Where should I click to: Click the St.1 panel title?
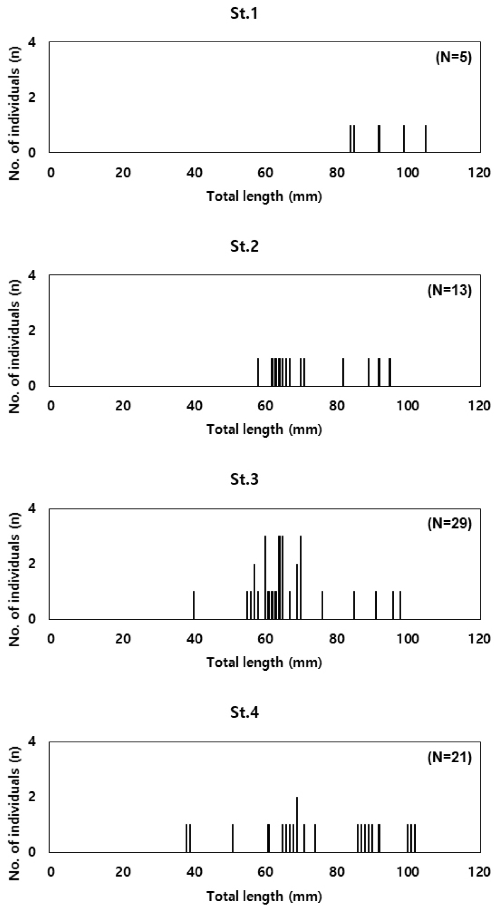[x=244, y=14]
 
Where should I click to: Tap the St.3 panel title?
[x=244, y=479]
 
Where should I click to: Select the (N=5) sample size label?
[x=453, y=58]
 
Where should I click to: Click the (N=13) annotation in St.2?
[x=450, y=291]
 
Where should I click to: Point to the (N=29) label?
[x=450, y=524]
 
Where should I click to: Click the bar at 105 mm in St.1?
[x=426, y=139]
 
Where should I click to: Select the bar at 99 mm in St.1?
[x=404, y=139]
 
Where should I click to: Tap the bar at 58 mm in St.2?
[x=258, y=372]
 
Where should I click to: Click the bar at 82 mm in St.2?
[x=344, y=372]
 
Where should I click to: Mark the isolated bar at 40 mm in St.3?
[x=194, y=605]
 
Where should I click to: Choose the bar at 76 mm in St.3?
[x=322, y=605]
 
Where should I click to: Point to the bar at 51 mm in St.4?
[x=233, y=838]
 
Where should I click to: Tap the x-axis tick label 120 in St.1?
[x=480, y=172]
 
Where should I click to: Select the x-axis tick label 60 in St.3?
[x=265, y=639]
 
